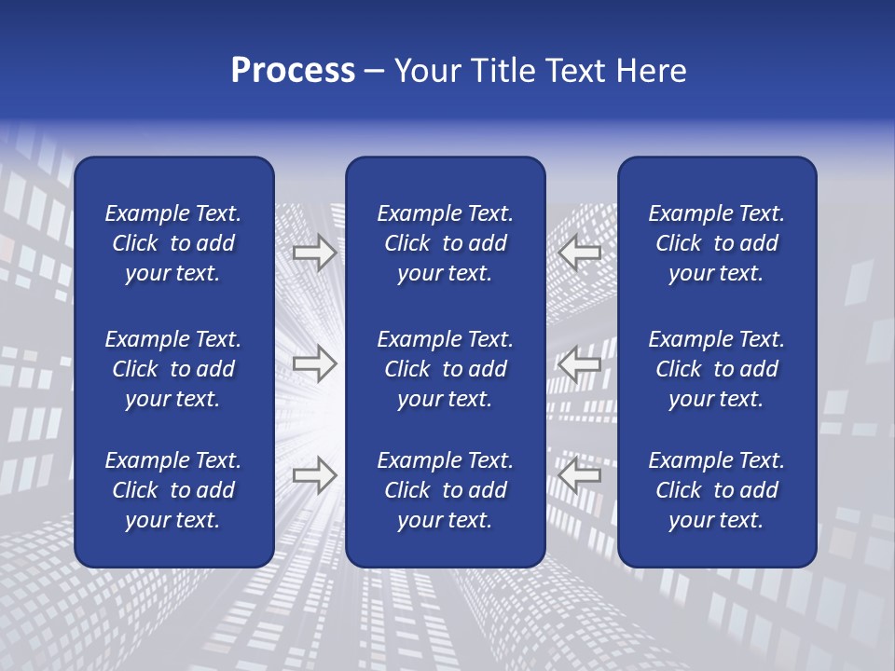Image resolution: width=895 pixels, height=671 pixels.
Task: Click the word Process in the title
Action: point(293,71)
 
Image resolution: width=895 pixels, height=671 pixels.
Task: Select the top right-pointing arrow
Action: point(315,253)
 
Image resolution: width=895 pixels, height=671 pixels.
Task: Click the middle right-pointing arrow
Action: point(315,363)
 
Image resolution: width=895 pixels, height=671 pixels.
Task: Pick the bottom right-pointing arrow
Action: point(315,475)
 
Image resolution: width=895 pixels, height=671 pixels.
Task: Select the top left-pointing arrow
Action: point(580,253)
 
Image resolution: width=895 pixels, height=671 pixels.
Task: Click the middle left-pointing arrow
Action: point(580,363)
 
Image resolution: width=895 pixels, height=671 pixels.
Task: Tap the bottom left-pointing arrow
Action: point(580,475)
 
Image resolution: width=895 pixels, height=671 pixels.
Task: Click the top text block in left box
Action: point(173,243)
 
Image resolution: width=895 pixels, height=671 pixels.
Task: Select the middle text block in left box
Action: point(173,369)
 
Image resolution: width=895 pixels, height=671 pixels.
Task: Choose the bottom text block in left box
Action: point(173,490)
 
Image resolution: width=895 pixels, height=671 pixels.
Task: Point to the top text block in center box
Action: point(445,243)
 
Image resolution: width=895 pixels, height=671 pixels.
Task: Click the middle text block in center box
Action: point(445,369)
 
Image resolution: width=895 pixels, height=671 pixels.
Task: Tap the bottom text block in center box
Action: point(445,490)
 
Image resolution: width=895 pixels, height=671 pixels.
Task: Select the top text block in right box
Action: point(717,243)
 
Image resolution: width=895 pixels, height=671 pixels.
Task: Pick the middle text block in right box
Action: point(717,369)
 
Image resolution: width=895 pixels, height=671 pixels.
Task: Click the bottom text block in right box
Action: point(717,490)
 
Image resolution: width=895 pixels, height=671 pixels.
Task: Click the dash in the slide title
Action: point(375,72)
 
